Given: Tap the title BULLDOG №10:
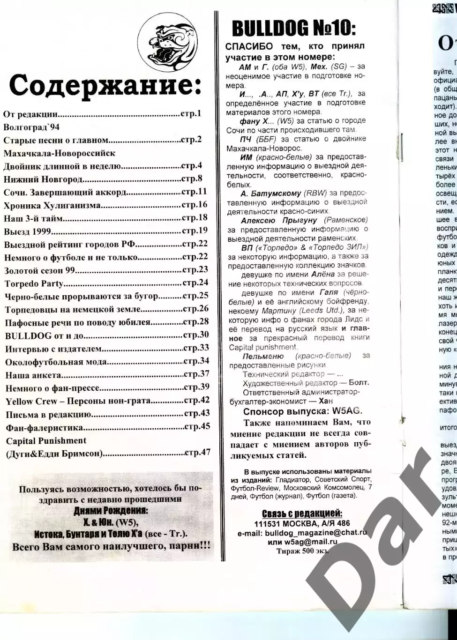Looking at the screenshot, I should tap(294, 29).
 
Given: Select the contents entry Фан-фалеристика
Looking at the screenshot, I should tap(44, 427).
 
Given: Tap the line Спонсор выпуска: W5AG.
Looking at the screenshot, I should tap(302, 411).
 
